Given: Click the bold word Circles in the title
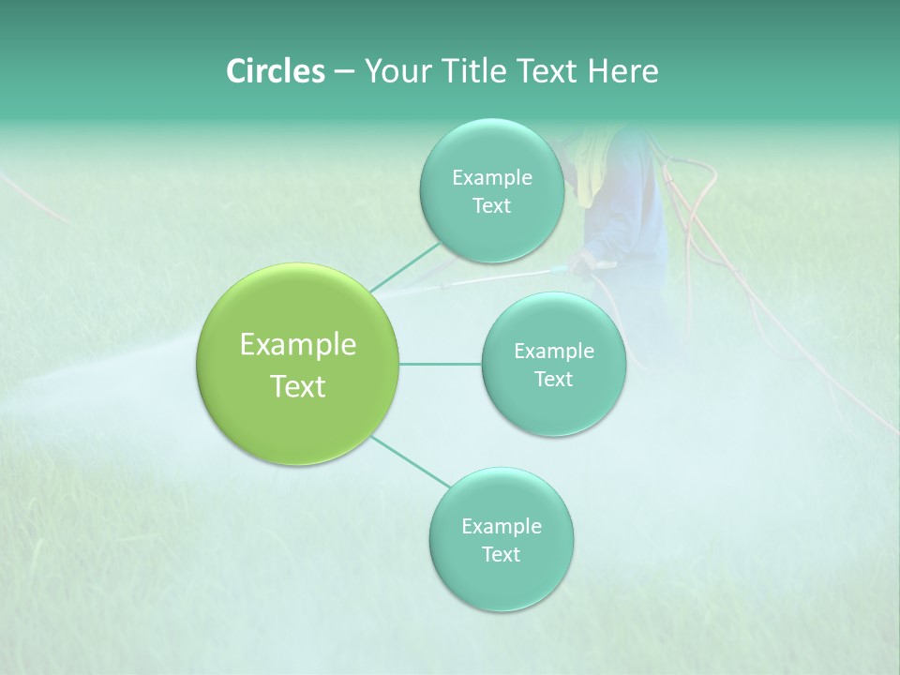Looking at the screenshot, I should [x=275, y=71].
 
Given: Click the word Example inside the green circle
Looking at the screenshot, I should [x=297, y=345].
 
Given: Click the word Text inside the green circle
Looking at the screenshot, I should [x=297, y=386].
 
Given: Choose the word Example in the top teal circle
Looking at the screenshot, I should [x=491, y=178].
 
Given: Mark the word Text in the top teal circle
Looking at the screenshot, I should [x=491, y=206].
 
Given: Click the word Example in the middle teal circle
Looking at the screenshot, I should [x=553, y=352].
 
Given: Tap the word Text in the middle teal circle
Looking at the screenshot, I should [x=553, y=380].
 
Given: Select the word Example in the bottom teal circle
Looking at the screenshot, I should [x=501, y=526].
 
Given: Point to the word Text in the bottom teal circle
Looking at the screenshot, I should [x=501, y=554].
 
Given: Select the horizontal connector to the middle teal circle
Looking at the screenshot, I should [x=440, y=364].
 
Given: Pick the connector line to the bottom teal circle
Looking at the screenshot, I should [x=411, y=460].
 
